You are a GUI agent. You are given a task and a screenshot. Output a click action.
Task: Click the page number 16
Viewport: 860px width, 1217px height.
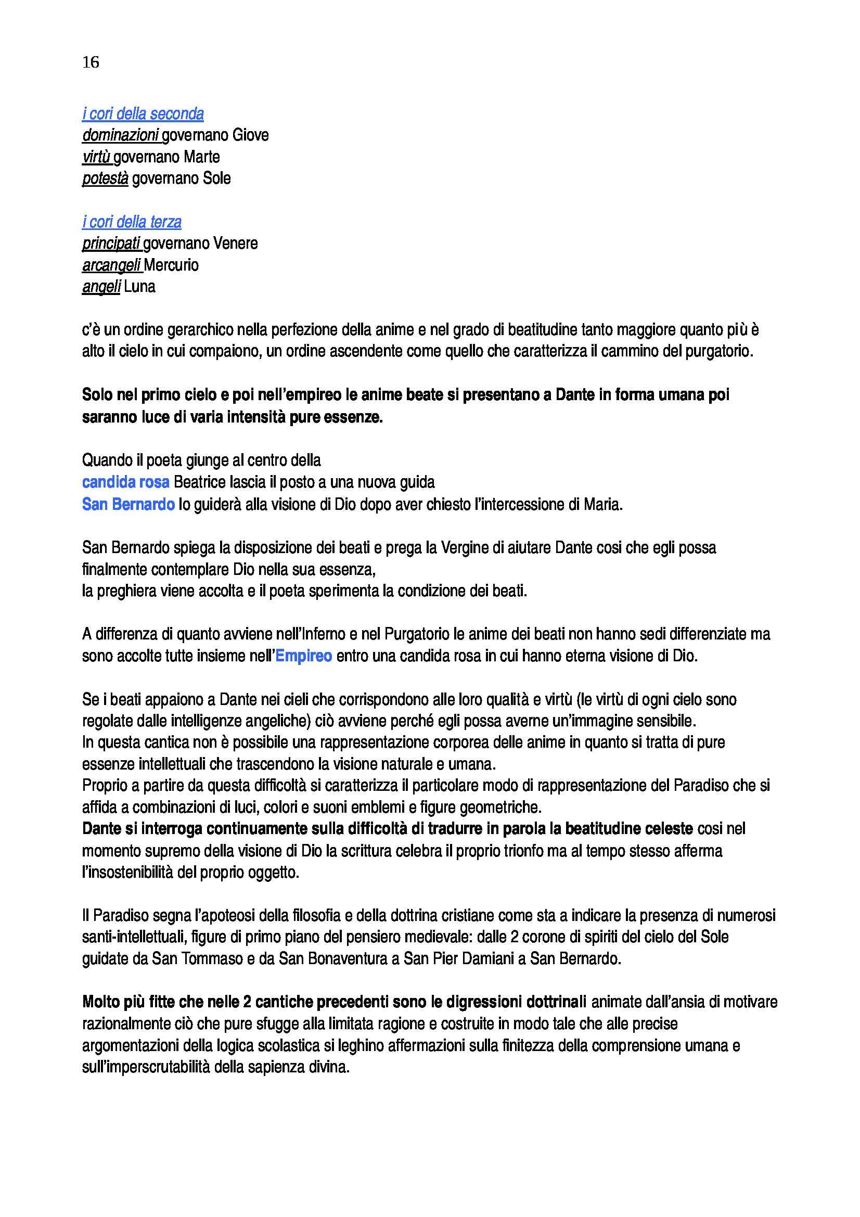[x=91, y=62]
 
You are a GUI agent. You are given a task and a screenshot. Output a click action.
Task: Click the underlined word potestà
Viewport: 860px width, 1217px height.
[x=105, y=178]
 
